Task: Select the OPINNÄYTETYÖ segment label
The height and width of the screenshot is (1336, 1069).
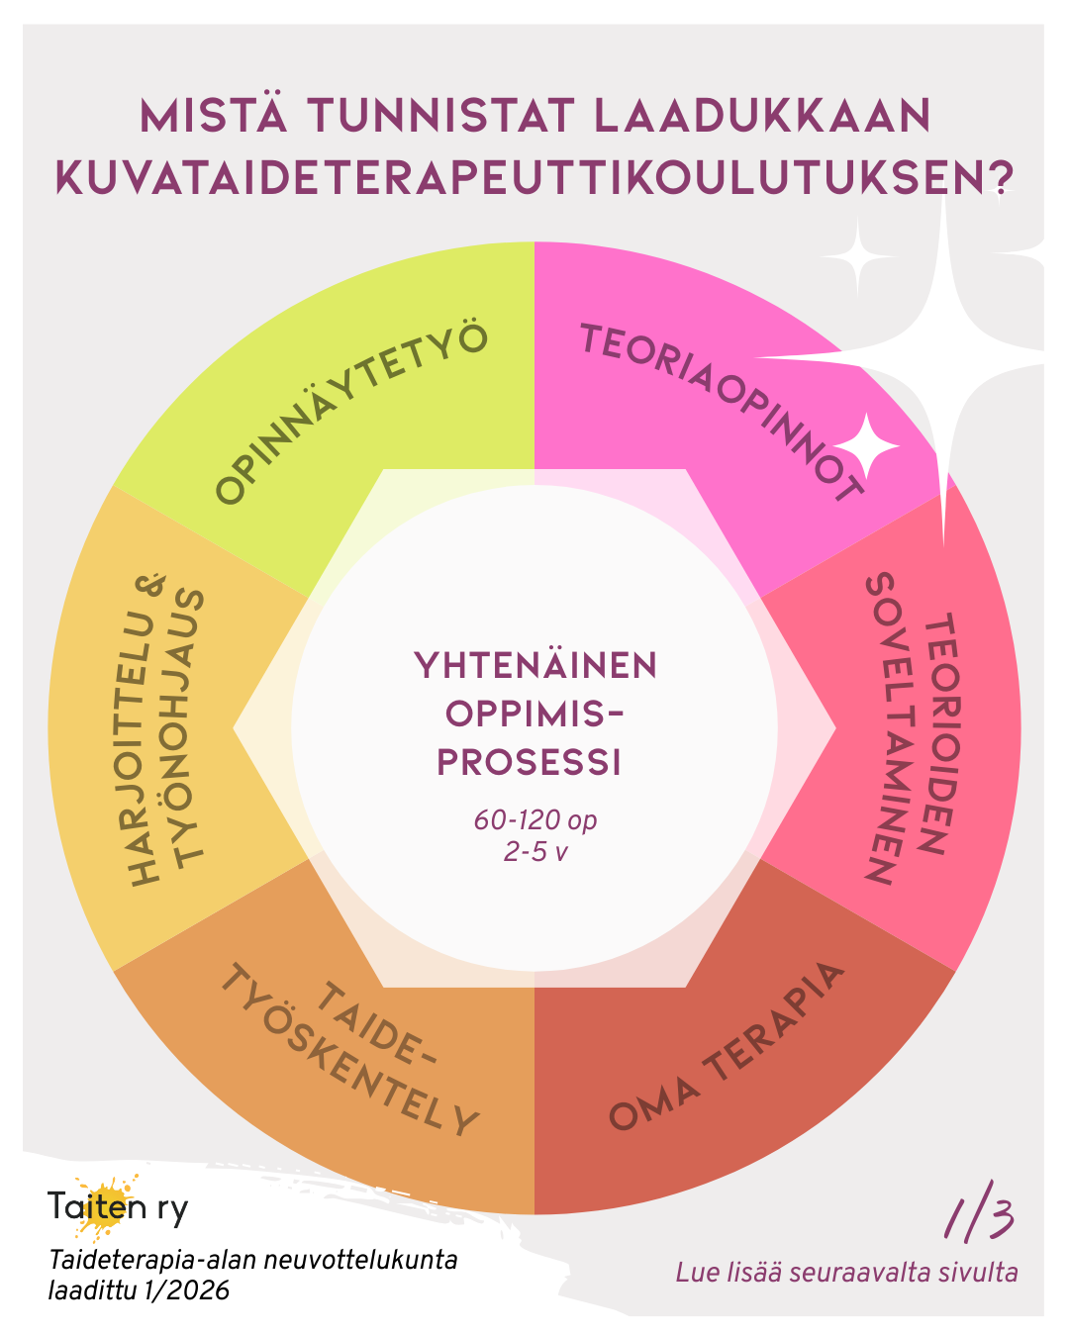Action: pyautogui.click(x=351, y=413)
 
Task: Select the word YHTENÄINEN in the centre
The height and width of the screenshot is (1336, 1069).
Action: pyautogui.click(x=535, y=666)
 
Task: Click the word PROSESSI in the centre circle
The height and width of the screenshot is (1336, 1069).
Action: pyautogui.click(x=530, y=762)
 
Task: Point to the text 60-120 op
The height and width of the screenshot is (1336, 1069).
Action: pyautogui.click(x=534, y=820)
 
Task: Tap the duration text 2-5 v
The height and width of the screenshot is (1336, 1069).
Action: pyautogui.click(x=534, y=851)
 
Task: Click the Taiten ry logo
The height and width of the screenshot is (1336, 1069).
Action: pyautogui.click(x=117, y=1207)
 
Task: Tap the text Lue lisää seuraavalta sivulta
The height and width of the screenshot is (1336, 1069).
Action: pyautogui.click(x=846, y=1273)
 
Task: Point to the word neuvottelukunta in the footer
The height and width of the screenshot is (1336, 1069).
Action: pyautogui.click(x=381, y=1261)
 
